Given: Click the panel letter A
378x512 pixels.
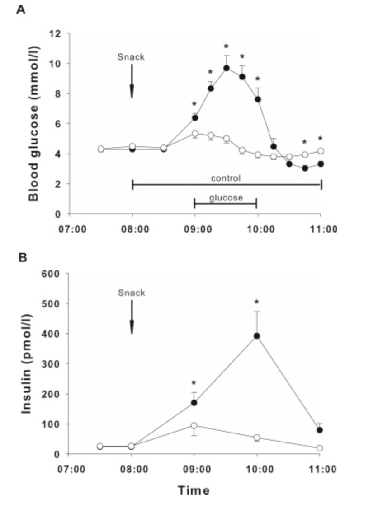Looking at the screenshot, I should [20, 9].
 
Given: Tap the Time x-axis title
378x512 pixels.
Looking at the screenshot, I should [194, 489].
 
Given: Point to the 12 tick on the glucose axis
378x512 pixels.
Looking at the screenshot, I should [57, 33].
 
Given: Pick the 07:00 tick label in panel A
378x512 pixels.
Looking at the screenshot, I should [69, 229].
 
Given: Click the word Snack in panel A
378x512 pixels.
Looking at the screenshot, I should [131, 56].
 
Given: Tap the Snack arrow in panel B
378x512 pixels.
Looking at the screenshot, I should [132, 317].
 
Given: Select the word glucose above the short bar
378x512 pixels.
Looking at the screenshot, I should [226, 198].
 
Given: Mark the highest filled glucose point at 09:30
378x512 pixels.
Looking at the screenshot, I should [226, 68].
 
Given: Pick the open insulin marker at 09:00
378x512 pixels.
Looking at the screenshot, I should [194, 425].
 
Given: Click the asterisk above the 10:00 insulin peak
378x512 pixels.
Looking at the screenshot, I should [257, 302].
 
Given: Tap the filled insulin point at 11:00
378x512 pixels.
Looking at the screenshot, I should [320, 430].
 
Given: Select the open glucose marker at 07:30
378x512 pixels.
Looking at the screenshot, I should [100, 149].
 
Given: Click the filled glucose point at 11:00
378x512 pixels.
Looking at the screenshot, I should [321, 163].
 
